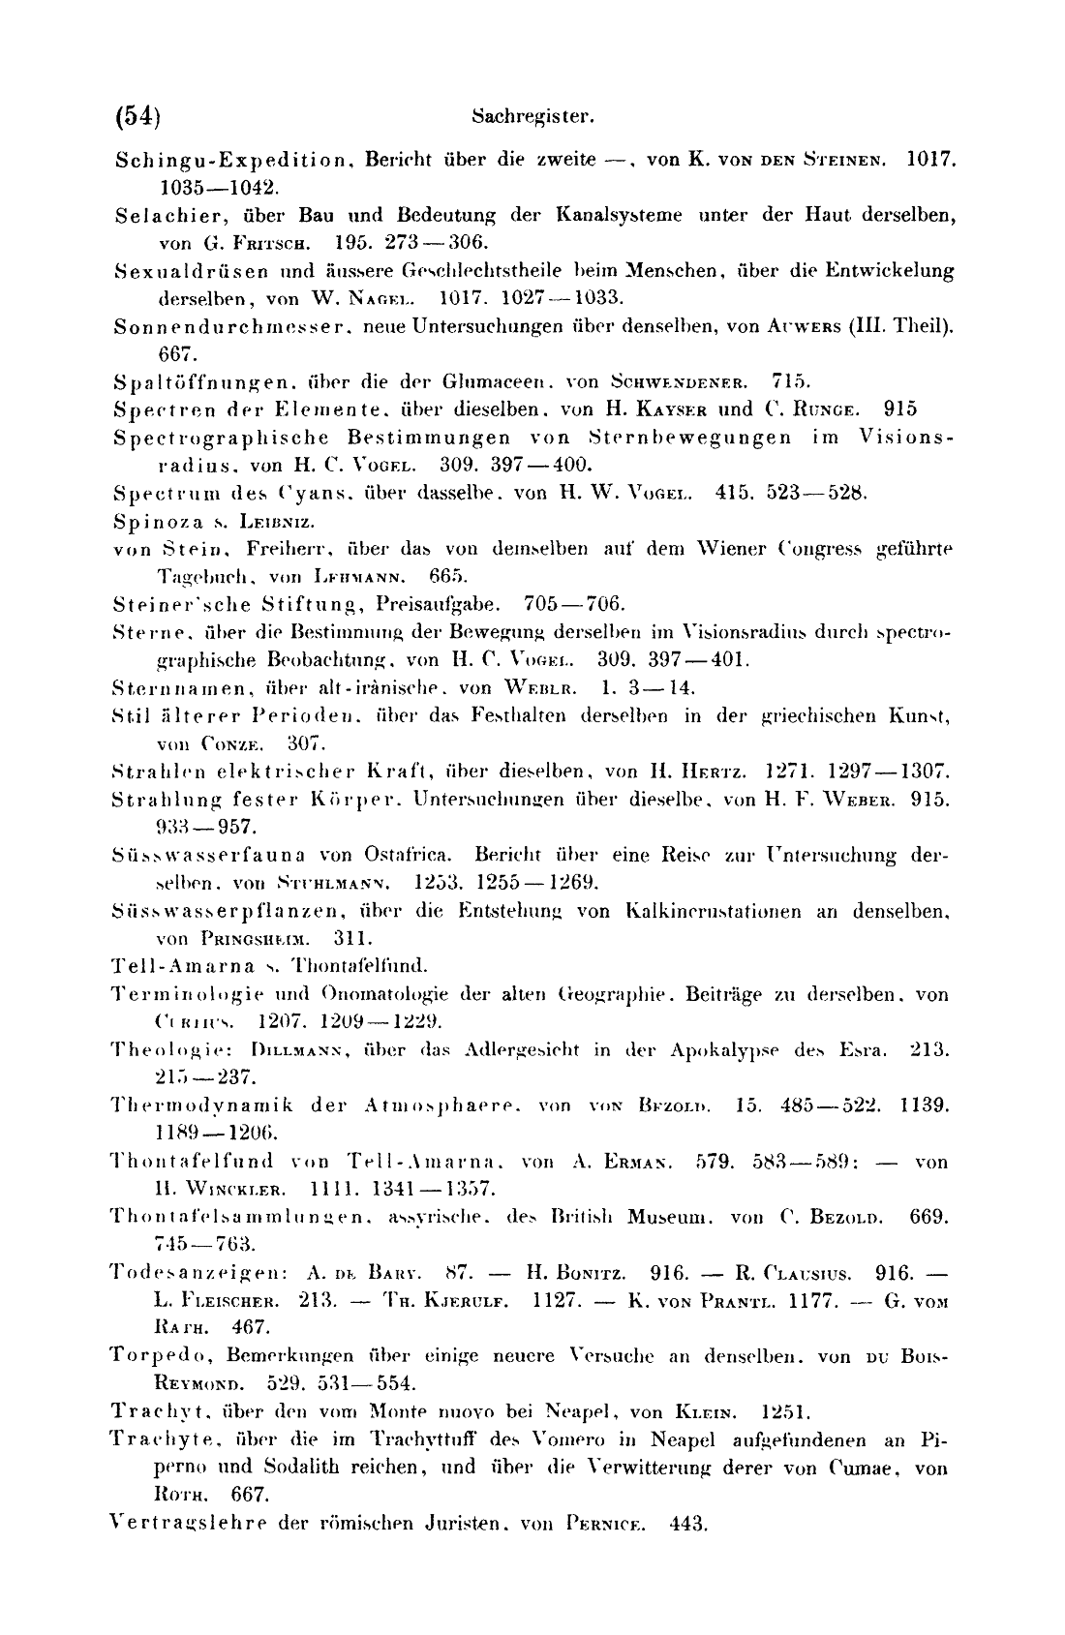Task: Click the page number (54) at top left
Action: tap(137, 117)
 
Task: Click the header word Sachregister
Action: tap(532, 118)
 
